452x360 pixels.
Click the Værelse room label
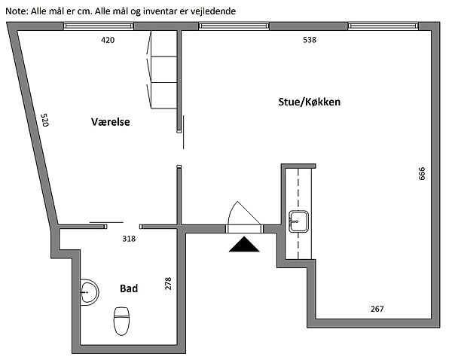(111, 122)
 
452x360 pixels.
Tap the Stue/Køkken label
(310, 102)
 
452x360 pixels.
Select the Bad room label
(129, 288)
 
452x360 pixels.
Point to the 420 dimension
(108, 40)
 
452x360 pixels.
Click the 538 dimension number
(310, 40)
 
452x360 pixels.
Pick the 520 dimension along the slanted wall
(44, 121)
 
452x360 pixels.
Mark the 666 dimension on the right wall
(422, 173)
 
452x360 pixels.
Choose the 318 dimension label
(129, 239)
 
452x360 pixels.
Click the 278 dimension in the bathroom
(168, 284)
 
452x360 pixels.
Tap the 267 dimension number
(377, 309)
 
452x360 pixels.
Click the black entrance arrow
(244, 245)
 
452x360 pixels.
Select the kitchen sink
(298, 221)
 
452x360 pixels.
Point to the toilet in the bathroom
(121, 321)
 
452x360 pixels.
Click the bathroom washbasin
(90, 292)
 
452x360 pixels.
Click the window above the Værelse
(98, 26)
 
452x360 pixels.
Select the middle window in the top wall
(234, 26)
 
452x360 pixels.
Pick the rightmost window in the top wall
(383, 26)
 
